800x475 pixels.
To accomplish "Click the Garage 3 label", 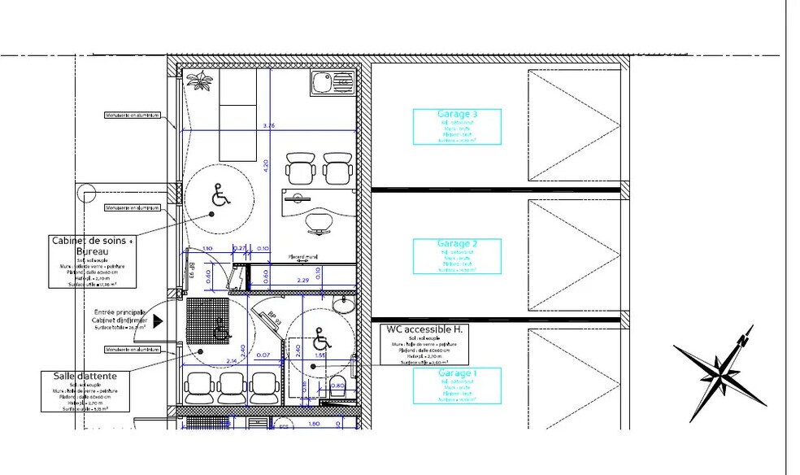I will [457, 115].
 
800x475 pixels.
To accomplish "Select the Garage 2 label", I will [457, 244].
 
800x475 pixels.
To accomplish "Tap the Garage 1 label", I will [457, 373].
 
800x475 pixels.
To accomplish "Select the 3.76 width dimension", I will [270, 125].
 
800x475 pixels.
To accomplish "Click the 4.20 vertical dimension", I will [264, 164].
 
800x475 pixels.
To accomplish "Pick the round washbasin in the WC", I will [346, 304].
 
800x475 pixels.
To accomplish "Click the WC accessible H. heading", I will [423, 329].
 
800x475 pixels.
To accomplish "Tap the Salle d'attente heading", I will [85, 376].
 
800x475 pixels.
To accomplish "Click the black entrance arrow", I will [158, 320].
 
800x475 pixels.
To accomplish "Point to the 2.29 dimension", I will [302, 281].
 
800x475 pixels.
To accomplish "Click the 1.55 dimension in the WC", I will [320, 356].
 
